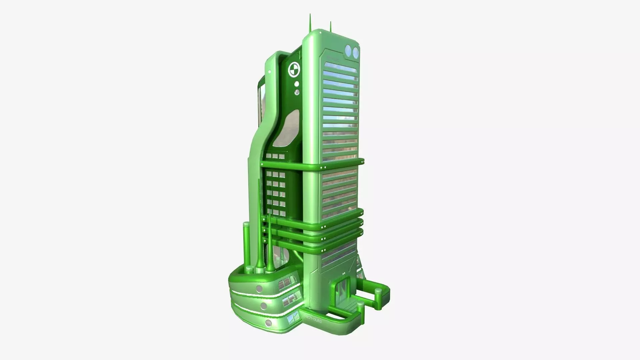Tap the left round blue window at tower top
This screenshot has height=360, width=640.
348,51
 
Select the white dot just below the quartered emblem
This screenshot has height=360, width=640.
296,84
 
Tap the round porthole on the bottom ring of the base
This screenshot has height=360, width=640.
269,323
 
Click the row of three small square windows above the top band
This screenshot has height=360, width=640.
275,156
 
